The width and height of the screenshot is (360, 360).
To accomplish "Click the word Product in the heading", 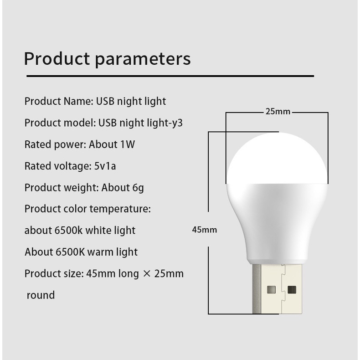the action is click(57, 59).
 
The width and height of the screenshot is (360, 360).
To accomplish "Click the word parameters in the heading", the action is click(143, 60).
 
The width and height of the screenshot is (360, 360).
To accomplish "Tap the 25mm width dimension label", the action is click(278, 112).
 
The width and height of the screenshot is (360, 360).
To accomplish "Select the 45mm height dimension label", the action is click(204, 230).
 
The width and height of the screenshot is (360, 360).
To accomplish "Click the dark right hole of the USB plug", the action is click(292, 290).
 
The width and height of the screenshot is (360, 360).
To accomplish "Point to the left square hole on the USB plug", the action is click(272, 290).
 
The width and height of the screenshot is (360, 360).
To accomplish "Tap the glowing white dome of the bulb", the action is click(277, 159).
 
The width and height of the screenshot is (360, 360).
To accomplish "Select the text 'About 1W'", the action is click(112, 144).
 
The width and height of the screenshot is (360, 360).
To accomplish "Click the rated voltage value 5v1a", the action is click(105, 166).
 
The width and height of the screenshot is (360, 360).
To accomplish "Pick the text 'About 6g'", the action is click(123, 188).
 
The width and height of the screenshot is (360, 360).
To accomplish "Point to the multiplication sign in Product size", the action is click(146, 274).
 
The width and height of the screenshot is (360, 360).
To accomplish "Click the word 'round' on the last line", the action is click(41, 295).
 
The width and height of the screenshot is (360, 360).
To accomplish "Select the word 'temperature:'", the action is click(120, 209).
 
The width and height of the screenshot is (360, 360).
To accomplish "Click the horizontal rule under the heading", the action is click(170, 76).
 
